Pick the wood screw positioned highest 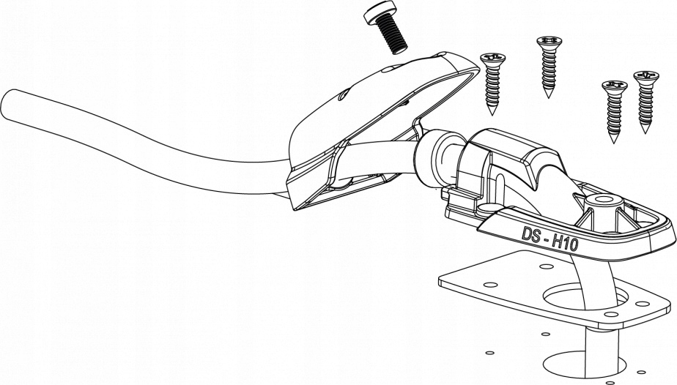(547, 66)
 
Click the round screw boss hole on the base (605, 200)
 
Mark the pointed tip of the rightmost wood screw (645, 131)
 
